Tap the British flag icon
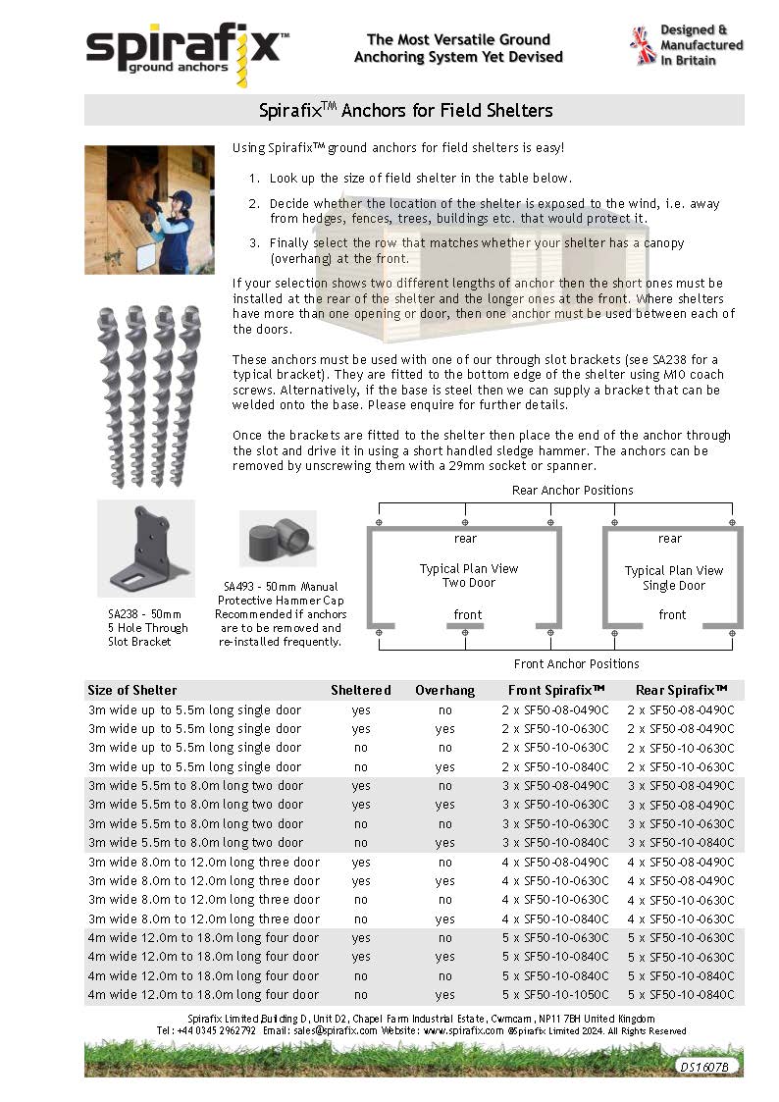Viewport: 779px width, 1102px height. click(643, 46)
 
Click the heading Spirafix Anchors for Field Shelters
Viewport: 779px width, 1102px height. click(406, 110)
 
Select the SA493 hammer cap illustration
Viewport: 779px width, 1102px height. click(278, 539)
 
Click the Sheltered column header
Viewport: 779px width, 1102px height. click(361, 690)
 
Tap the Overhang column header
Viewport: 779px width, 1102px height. click(444, 690)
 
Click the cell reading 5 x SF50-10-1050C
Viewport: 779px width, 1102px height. click(555, 994)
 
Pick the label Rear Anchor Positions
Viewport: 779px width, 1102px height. click(573, 490)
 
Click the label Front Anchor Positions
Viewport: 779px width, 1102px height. click(577, 664)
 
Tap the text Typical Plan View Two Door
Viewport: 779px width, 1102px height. click(469, 575)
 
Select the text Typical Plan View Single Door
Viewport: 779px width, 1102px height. click(674, 578)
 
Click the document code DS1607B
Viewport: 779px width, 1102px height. click(704, 1066)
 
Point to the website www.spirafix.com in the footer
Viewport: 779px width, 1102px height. click(464, 1031)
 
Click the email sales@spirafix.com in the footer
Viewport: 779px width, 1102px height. click(334, 1031)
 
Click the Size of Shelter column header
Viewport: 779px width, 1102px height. click(132, 690)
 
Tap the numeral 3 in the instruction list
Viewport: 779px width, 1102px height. click(253, 242)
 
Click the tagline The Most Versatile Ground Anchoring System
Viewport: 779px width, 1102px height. click(458, 48)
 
